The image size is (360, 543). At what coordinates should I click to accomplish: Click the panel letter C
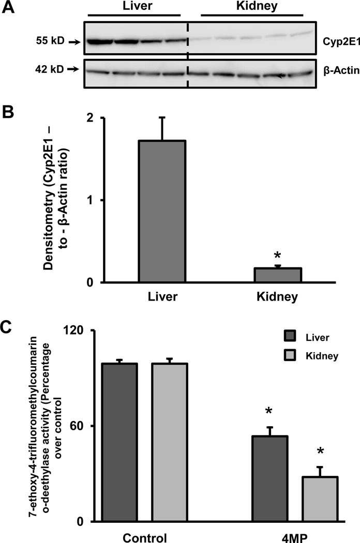coord(7,327)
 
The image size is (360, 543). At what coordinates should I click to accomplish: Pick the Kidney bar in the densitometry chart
coord(277,275)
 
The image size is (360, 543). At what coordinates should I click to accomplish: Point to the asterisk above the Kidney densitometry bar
coord(277,257)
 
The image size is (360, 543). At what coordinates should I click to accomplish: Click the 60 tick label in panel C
coord(86,426)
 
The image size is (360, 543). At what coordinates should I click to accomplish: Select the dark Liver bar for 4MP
coord(269,478)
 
